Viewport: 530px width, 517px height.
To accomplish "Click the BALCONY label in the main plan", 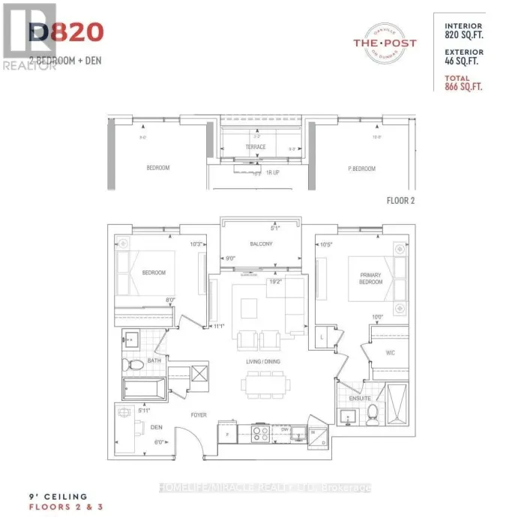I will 261,244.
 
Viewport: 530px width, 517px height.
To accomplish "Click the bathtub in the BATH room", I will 145,388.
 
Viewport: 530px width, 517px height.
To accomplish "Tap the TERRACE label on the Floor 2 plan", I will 256,148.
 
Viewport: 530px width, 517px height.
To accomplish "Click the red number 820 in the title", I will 75,32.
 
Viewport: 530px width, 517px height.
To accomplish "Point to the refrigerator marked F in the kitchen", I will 227,432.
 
